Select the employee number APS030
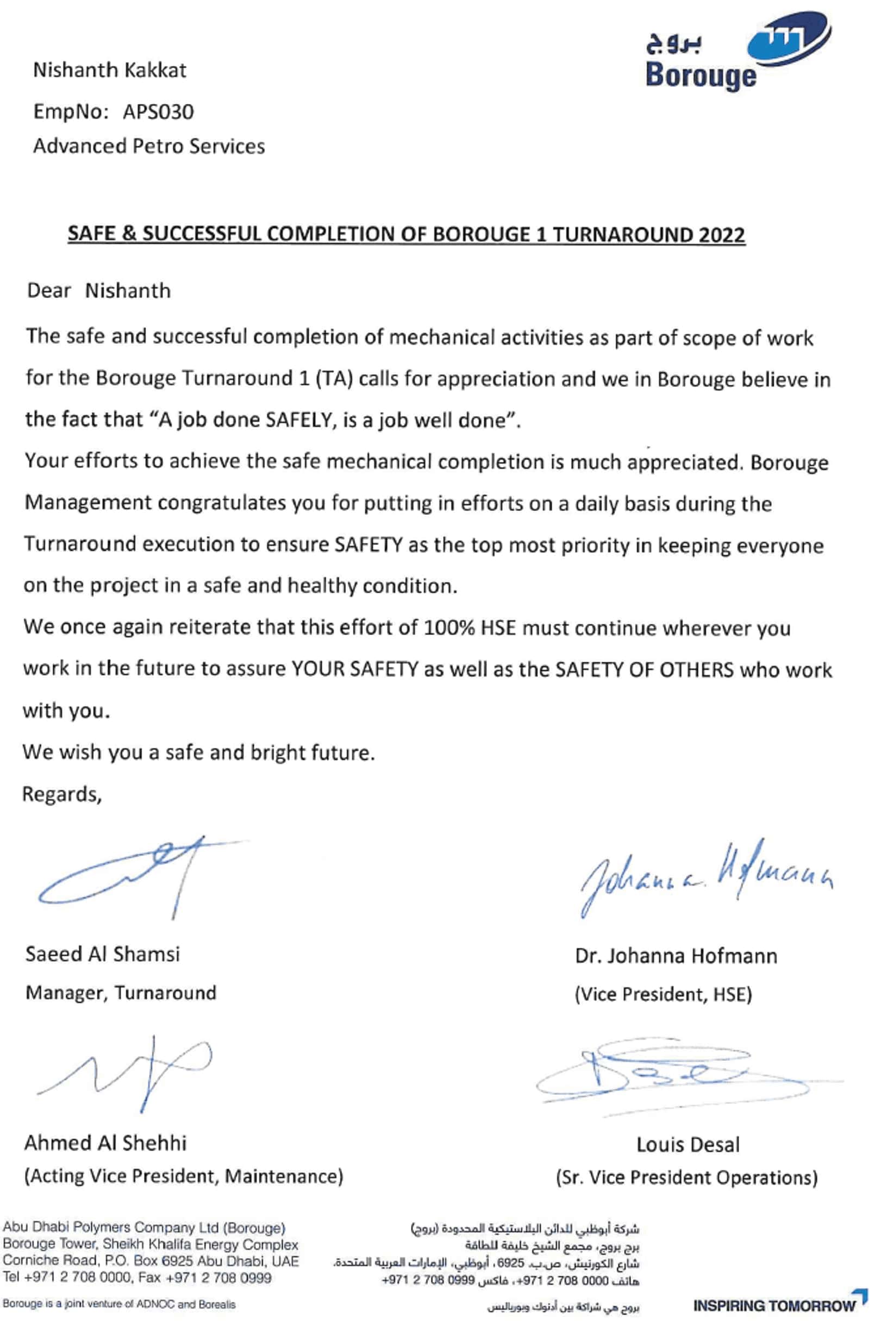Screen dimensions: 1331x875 tap(158, 112)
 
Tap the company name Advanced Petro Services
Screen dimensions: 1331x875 tap(149, 146)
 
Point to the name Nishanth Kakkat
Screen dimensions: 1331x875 tap(110, 70)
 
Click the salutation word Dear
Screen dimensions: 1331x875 tap(49, 291)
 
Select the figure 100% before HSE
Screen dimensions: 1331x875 tap(449, 627)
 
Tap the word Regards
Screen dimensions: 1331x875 tap(61, 794)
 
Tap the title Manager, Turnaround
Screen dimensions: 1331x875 tap(121, 993)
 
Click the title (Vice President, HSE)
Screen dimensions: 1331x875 tap(663, 994)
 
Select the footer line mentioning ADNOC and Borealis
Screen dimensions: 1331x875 tap(119, 1304)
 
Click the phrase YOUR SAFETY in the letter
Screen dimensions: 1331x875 tap(355, 669)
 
